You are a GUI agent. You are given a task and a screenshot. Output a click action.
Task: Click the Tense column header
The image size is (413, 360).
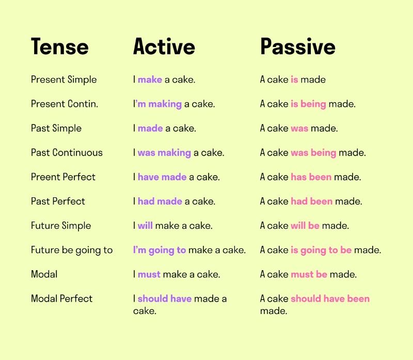click(x=59, y=47)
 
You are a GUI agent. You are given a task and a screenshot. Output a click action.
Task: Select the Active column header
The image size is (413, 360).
click(x=164, y=47)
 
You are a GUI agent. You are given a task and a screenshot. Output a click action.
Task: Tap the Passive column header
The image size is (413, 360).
click(x=298, y=47)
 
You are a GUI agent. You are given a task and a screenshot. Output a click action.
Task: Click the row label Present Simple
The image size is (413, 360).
click(x=64, y=80)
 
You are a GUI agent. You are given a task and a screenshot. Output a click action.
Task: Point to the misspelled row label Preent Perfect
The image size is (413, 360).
click(x=63, y=177)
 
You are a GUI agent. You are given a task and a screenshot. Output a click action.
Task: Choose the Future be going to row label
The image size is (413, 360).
click(x=72, y=250)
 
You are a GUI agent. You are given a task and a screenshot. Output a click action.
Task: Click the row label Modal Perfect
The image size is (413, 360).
click(x=61, y=299)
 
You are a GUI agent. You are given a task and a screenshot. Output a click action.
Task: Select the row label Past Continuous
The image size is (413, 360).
click(x=67, y=152)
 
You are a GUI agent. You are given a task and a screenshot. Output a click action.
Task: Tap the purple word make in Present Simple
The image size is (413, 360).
click(x=150, y=80)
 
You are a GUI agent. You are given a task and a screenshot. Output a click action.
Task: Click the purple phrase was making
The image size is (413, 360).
click(x=164, y=152)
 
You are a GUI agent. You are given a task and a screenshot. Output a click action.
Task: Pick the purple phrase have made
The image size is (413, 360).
click(x=162, y=177)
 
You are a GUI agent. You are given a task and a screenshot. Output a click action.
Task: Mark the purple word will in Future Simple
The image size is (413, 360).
click(x=145, y=226)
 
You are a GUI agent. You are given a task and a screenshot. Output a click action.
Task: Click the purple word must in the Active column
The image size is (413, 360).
click(x=149, y=274)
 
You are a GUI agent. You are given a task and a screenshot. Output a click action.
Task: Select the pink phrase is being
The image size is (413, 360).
click(x=308, y=104)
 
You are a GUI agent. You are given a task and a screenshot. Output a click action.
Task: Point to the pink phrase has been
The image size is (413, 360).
click(x=311, y=177)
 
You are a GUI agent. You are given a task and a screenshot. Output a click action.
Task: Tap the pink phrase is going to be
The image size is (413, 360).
click(x=321, y=250)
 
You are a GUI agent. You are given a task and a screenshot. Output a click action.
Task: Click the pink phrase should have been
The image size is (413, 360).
click(x=330, y=299)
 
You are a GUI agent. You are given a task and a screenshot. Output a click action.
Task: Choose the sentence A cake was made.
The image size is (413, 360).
click(x=299, y=128)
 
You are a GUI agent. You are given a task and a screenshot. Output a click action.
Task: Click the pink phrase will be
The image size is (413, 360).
click(x=305, y=226)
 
